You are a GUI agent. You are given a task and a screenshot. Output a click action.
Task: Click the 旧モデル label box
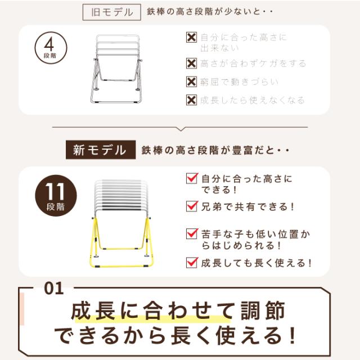point(112,12)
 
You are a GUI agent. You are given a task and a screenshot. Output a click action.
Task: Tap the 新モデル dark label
point(100,150)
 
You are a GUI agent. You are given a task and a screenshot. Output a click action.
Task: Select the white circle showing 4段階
point(51,49)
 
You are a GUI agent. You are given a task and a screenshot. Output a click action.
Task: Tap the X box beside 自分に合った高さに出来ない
point(191,38)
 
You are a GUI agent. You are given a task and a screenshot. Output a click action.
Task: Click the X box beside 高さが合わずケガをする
point(191,63)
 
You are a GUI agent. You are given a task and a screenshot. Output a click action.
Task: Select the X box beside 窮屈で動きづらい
point(191,82)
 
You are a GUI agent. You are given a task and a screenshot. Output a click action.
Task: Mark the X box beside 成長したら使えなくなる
point(191,100)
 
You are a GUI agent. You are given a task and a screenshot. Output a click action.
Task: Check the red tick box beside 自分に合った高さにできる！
point(192,179)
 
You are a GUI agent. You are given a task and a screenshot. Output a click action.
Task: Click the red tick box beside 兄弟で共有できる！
point(192,206)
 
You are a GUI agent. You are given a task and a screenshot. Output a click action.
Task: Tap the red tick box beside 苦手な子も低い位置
point(192,233)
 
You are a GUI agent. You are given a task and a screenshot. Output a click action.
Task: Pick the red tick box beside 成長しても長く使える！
point(192,262)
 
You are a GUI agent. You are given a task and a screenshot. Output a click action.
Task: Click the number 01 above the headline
point(53,289)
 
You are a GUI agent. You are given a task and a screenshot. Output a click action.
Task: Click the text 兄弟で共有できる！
point(248,206)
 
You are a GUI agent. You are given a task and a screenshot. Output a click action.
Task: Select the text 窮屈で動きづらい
point(239,82)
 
